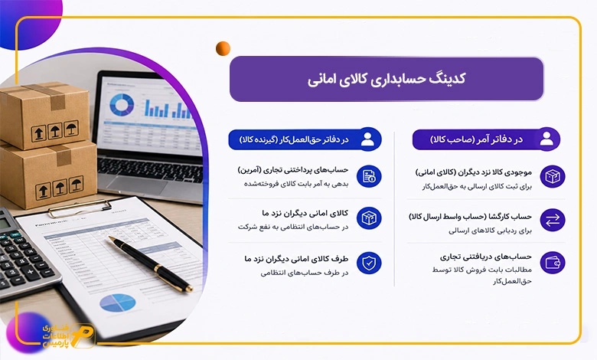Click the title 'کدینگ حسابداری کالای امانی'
387,79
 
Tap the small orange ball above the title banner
223,49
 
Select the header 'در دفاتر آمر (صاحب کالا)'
476,139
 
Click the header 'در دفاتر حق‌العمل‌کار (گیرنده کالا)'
294,139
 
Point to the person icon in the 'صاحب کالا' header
546,139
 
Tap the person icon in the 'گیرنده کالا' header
367,139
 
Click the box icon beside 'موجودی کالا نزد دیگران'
553,176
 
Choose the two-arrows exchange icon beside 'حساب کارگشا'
553,220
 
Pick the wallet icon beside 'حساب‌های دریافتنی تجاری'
553,263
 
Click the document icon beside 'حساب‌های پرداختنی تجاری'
369,176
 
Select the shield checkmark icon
369,263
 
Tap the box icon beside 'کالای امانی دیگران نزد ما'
369,218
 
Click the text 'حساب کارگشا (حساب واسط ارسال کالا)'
470,217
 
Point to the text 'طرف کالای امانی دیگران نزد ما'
296,259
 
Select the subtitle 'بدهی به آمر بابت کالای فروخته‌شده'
296,184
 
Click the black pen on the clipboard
150,263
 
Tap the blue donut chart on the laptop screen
122,105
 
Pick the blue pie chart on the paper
118,303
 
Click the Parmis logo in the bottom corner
68,335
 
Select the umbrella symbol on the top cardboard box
71,129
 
